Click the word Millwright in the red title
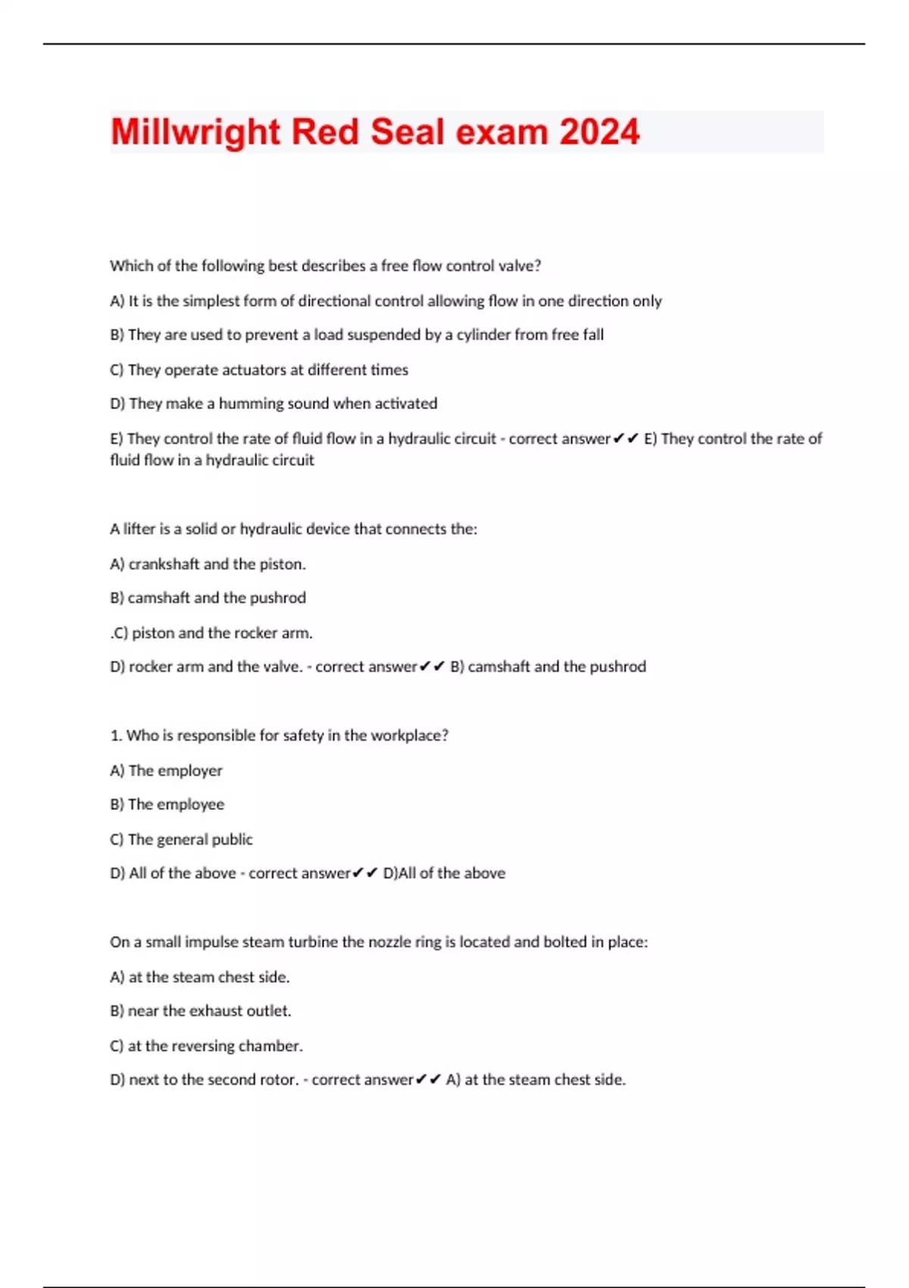point(195,133)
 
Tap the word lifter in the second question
point(139,529)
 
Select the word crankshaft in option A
point(164,564)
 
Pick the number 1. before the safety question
point(116,736)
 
